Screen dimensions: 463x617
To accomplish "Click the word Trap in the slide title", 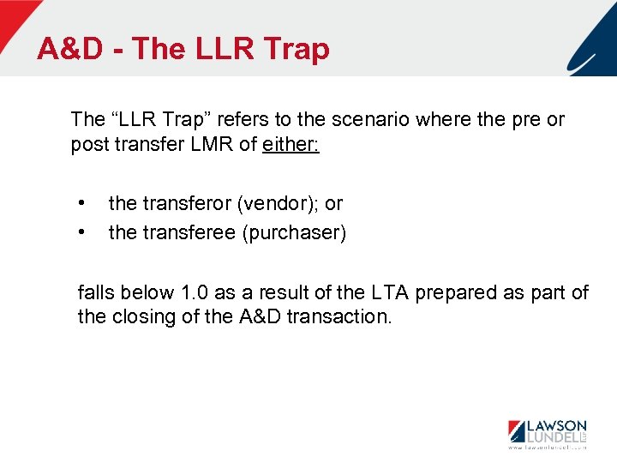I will coord(297,50).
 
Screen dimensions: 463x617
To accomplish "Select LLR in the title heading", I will coord(222,50).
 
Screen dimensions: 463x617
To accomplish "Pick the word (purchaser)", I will coord(294,233).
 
